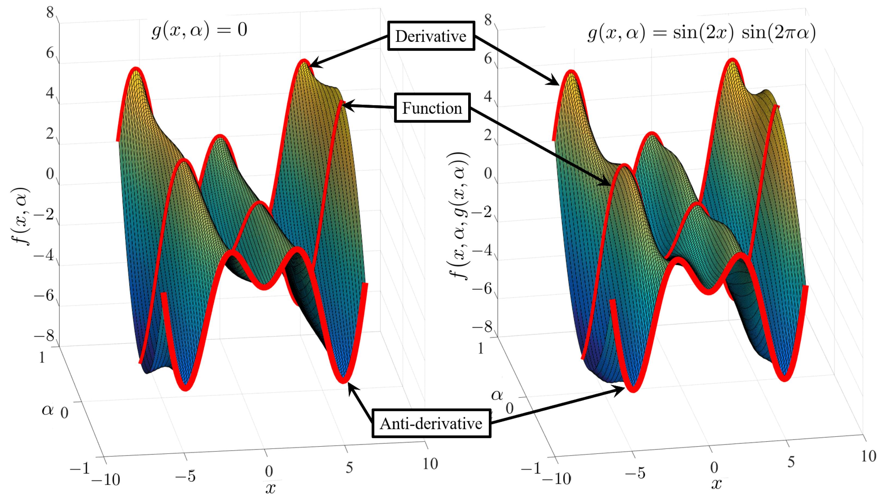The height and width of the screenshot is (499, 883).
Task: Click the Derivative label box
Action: tap(431, 36)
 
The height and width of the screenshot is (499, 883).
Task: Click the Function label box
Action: tap(432, 108)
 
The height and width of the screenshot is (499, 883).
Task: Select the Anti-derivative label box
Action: tap(431, 424)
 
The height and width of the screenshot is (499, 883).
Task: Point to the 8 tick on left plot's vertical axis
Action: tap(50, 13)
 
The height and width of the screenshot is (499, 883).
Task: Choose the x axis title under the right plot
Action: tap(716, 483)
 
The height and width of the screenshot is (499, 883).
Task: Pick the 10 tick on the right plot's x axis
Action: tap(868, 456)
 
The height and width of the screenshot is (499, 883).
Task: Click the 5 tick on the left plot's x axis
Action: tap(349, 467)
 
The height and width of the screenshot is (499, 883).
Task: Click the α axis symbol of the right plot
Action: tap(497, 395)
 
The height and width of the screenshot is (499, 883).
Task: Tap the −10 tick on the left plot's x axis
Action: tap(106, 479)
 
